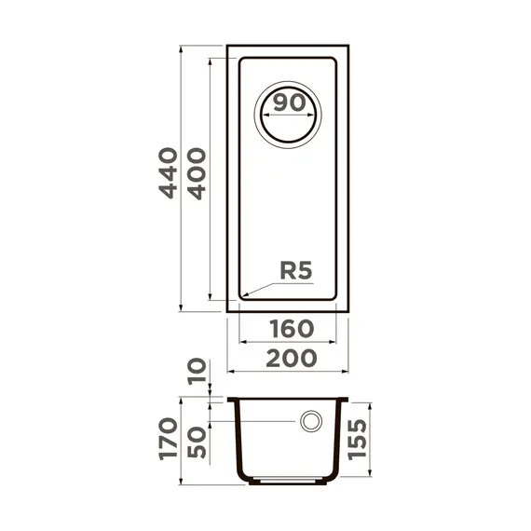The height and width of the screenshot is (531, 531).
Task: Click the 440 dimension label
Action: coord(168,172)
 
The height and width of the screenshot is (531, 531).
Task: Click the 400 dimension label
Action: coord(196,172)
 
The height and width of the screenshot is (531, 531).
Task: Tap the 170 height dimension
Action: coord(168,439)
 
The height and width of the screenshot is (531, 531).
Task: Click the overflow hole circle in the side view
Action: coord(310,422)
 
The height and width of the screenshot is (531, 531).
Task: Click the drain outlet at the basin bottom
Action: coord(288,483)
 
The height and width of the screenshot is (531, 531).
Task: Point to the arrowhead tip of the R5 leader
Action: coord(240,298)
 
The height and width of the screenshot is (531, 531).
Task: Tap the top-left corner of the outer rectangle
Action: coord(228,45)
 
